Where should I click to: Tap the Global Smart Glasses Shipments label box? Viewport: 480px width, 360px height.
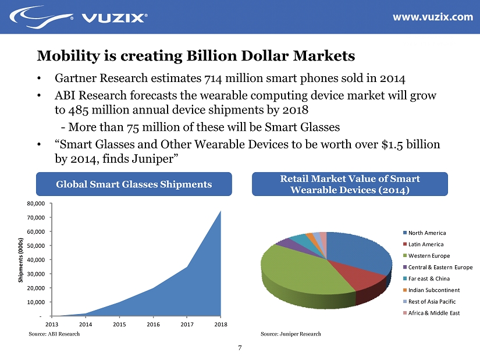[x=133, y=184]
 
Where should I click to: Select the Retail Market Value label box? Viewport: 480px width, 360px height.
[x=350, y=184]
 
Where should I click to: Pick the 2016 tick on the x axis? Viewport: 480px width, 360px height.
[x=153, y=324]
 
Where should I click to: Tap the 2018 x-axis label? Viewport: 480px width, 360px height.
[x=221, y=324]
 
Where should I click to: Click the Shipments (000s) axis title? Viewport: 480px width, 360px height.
[x=22, y=259]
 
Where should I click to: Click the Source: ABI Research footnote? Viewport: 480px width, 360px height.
[x=54, y=334]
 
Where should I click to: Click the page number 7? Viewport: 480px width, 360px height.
[x=240, y=348]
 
